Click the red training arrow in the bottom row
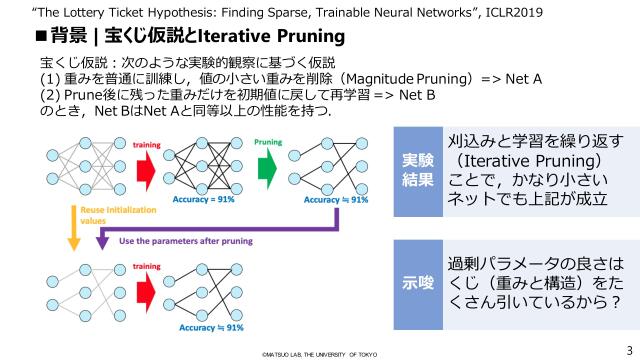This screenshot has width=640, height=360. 145,291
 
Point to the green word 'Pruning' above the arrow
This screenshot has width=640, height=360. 267,142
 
